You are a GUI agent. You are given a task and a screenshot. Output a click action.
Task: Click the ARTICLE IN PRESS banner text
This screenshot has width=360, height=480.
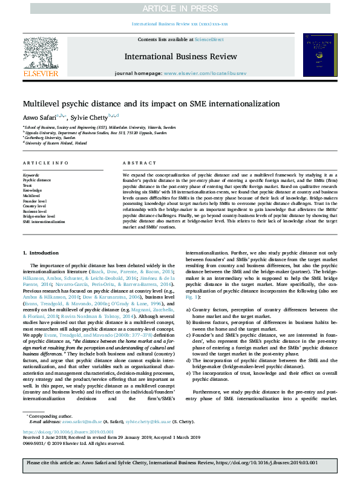click(180, 8)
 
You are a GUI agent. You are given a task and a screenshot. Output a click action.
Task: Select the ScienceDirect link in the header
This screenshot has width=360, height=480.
click(209, 39)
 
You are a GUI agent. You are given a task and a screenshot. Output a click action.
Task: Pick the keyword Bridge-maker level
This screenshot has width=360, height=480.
click(39, 216)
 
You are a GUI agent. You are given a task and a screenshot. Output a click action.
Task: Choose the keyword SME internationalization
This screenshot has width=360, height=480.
click(44, 221)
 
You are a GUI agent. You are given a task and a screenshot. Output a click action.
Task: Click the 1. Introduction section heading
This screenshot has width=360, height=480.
click(41, 252)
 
